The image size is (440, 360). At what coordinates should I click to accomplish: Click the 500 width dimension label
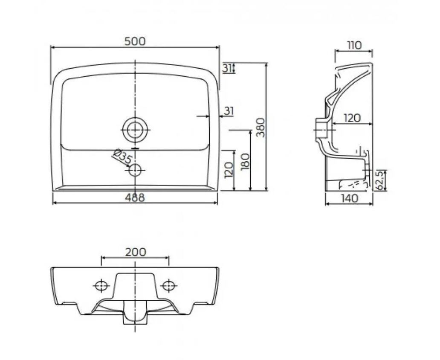pyautogui.click(x=135, y=41)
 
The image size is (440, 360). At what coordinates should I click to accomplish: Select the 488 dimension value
pyautogui.click(x=135, y=197)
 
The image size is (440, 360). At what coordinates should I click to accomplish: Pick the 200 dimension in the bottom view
pyautogui.click(x=135, y=252)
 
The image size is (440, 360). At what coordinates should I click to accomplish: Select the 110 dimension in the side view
pyautogui.click(x=353, y=45)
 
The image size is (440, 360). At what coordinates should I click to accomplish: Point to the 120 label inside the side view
pyautogui.click(x=352, y=118)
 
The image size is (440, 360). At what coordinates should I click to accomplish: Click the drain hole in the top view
pyautogui.click(x=135, y=129)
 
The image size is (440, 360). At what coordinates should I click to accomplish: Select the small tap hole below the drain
pyautogui.click(x=135, y=170)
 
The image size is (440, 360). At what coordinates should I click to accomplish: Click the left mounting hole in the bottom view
pyautogui.click(x=101, y=285)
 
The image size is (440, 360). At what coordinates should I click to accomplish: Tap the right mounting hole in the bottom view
pyautogui.click(x=169, y=285)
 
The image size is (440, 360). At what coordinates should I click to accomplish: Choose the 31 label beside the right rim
pyautogui.click(x=229, y=111)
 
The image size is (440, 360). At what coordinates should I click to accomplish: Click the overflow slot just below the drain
pyautogui.click(x=135, y=148)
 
